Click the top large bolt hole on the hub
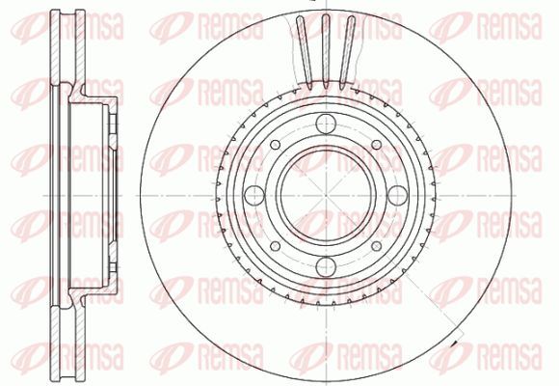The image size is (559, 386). [x=326, y=124]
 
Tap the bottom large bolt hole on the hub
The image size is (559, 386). [x=326, y=266]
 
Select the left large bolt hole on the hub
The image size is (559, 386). [x=254, y=195]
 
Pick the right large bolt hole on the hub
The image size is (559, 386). [x=397, y=195]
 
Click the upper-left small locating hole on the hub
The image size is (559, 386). [x=276, y=145]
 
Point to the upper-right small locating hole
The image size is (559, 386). [x=377, y=145]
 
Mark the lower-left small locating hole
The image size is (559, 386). [x=276, y=246]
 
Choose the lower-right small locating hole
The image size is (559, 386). [x=377, y=246]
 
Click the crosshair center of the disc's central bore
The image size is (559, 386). [x=326, y=195]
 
